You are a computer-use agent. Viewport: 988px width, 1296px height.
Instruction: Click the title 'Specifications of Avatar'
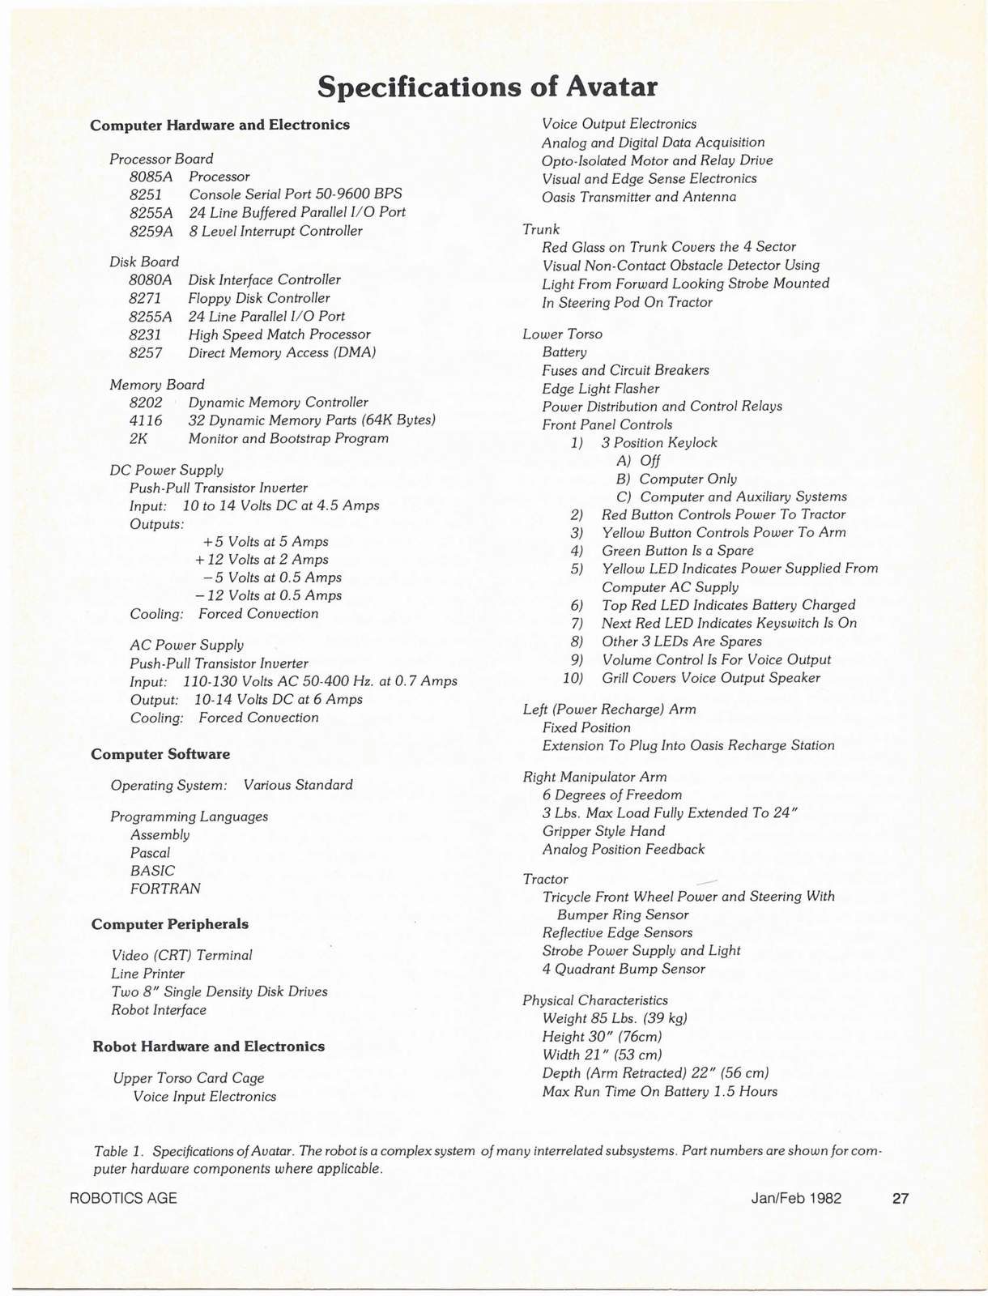(x=487, y=86)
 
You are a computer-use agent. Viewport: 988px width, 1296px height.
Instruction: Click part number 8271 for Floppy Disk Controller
(x=146, y=298)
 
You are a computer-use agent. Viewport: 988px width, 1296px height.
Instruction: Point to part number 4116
(x=146, y=420)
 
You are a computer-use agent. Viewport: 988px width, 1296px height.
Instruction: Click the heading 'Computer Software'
(x=160, y=754)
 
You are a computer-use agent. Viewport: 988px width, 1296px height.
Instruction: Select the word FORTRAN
(x=165, y=889)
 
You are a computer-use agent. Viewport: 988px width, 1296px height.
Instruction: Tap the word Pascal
(x=150, y=853)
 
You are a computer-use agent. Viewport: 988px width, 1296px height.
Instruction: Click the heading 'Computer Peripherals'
(x=170, y=924)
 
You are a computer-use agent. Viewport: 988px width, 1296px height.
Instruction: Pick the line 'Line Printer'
(x=148, y=974)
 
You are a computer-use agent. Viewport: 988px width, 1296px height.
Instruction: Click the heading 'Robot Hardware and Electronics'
(x=208, y=1047)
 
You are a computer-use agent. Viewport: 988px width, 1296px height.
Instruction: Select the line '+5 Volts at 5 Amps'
(x=266, y=542)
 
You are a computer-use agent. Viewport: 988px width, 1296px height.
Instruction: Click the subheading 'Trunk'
(x=541, y=229)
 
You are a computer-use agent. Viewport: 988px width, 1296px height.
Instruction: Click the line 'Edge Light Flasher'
(x=600, y=389)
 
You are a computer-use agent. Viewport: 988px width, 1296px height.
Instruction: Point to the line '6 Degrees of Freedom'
(x=612, y=795)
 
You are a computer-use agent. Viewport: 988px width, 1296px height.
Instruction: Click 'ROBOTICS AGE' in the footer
(x=124, y=1198)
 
